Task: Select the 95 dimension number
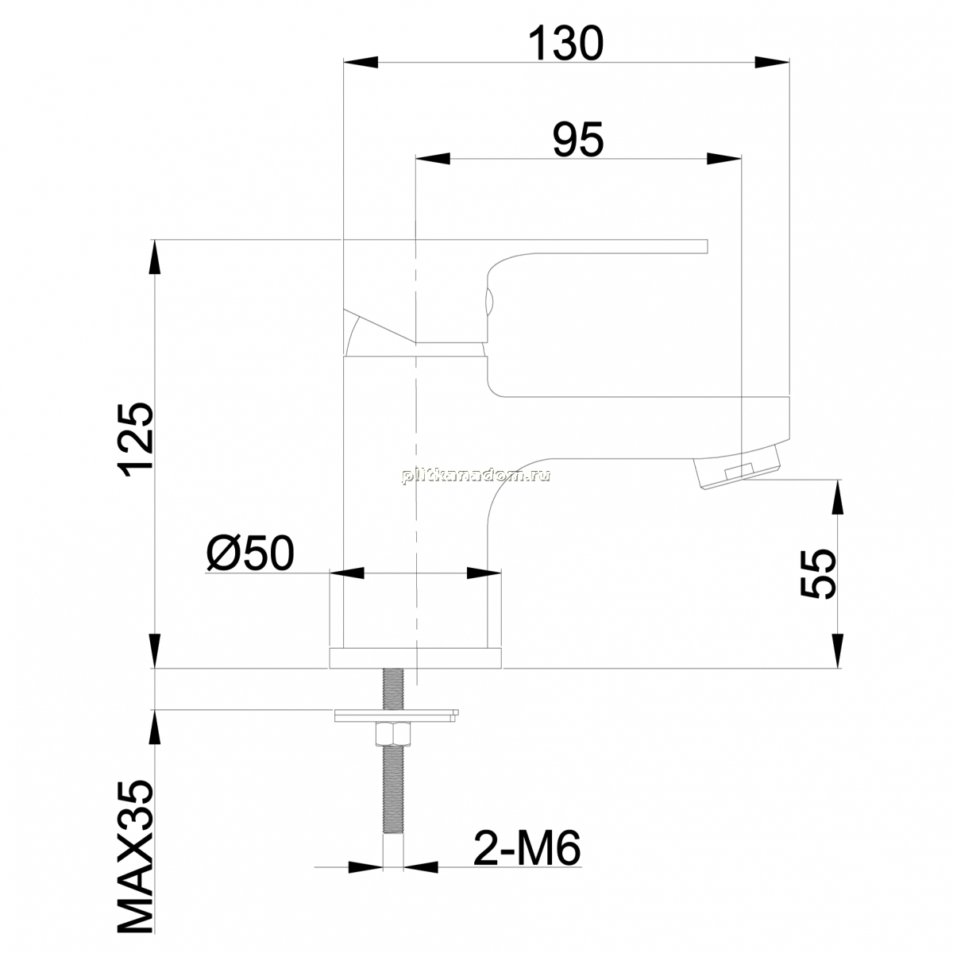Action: click(x=578, y=139)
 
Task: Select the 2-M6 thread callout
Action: click(x=527, y=862)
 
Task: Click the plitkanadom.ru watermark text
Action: click(x=476, y=476)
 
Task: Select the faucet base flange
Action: click(x=415, y=658)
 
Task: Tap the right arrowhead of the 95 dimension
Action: click(x=724, y=159)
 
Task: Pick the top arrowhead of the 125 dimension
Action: click(x=156, y=257)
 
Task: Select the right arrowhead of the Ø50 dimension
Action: click(x=484, y=573)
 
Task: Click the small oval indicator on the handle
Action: click(x=488, y=302)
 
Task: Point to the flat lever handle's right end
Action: click(x=708, y=246)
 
